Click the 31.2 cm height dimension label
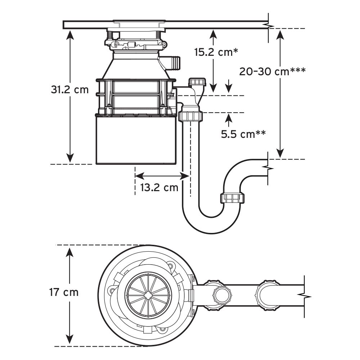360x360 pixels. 69,90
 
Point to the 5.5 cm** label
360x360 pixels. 243,134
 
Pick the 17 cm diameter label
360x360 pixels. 64,292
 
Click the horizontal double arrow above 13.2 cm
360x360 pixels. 162,176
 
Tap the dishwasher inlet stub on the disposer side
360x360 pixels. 174,62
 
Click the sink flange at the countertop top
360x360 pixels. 138,22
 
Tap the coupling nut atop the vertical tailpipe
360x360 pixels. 190,117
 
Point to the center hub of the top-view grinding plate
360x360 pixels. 148,294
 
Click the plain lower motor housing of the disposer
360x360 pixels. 136,140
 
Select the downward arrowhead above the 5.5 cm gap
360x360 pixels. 229,88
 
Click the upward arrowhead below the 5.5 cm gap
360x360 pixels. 229,117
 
